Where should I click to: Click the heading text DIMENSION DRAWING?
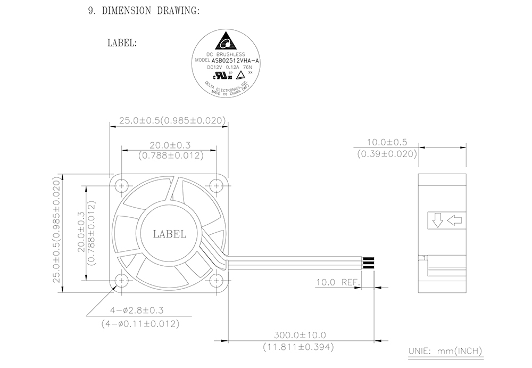pos(151,11)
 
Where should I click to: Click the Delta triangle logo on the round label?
pos(225,41)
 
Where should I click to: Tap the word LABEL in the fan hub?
pos(170,234)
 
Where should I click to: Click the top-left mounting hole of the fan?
pos(121,186)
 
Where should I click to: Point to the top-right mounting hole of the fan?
pos(216,186)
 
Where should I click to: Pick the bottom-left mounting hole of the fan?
pos(121,281)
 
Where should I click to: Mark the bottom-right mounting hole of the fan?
pos(216,281)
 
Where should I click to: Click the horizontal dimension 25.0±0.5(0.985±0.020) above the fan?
pos(172,120)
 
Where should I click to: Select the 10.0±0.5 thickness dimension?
pos(387,142)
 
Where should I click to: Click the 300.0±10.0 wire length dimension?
pos(300,335)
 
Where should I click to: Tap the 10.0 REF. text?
pos(338,282)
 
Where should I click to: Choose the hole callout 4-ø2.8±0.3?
pos(137,310)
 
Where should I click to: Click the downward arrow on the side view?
pos(437,220)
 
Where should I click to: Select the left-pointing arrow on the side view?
pos(454,220)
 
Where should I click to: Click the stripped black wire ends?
pos(369,263)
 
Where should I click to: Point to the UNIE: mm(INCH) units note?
pos(445,351)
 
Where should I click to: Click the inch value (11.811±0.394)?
pos(298,347)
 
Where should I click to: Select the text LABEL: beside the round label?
pos(122,43)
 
